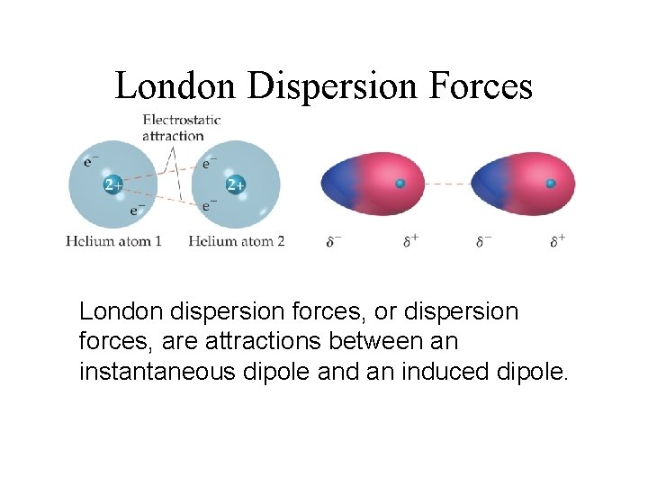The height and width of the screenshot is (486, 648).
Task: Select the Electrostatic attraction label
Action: click(181, 127)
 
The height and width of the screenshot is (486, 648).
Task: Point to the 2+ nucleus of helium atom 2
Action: click(235, 185)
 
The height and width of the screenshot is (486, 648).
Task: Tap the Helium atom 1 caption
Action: click(113, 241)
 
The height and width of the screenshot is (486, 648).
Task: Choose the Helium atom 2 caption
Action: click(236, 241)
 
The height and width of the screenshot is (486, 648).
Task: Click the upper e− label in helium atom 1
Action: click(92, 162)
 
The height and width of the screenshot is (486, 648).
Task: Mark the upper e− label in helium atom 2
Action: click(210, 163)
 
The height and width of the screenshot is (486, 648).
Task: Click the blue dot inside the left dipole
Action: click(400, 184)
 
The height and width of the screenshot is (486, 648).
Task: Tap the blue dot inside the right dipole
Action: click(551, 184)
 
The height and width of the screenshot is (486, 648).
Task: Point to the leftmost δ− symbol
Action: click(334, 241)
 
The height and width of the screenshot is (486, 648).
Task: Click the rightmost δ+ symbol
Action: click(559, 241)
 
